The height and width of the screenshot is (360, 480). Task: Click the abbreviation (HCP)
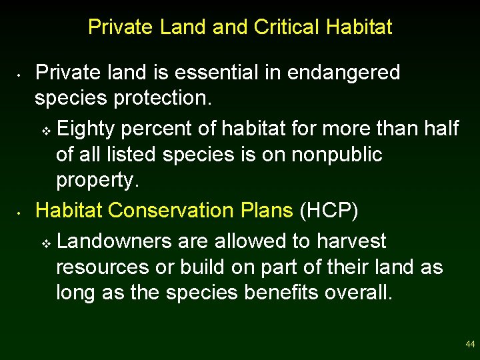[x=329, y=210]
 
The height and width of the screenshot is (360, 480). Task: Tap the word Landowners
[x=117, y=240]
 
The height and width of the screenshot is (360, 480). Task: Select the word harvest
[x=351, y=240]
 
